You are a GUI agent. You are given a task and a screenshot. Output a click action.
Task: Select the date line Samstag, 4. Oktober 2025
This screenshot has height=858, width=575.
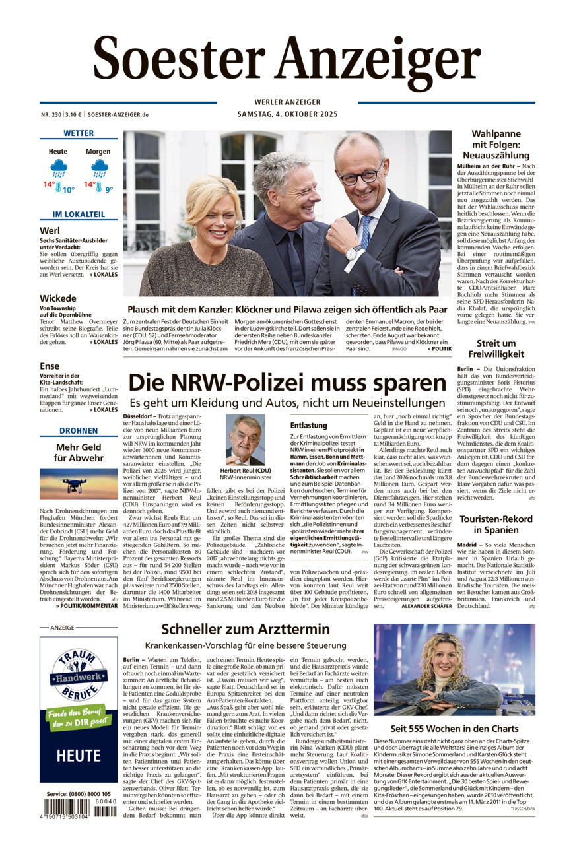tap(287, 114)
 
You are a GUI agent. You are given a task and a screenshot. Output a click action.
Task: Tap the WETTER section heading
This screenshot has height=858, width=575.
tap(79, 133)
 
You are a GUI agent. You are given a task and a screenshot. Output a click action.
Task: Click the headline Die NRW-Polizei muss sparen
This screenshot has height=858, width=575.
tap(287, 383)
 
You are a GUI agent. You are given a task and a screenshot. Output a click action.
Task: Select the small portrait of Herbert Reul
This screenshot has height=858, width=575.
tap(245, 440)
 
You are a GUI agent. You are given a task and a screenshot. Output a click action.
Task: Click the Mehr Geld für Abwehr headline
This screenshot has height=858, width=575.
tap(79, 452)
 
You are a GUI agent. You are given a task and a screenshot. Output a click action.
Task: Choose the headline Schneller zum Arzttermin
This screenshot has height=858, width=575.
tap(246, 630)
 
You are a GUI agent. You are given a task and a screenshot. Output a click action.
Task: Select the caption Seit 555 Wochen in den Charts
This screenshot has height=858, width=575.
tap(454, 729)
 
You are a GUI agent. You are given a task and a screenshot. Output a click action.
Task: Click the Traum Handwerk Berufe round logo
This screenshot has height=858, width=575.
tap(79, 674)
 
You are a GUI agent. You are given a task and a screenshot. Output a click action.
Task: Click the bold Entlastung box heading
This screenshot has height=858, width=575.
tap(309, 426)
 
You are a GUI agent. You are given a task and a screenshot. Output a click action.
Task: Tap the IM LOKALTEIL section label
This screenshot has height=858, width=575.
tap(79, 214)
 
